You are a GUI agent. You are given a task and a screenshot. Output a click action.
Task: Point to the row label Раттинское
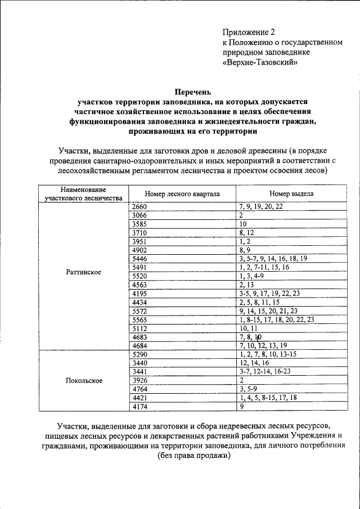pyautogui.click(x=83, y=272)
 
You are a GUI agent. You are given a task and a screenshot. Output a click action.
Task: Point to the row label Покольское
pyautogui.click(x=83, y=380)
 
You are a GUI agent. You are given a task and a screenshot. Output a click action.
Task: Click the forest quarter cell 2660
pyautogui.click(x=138, y=206)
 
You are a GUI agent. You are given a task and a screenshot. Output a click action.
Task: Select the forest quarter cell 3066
pyautogui.click(x=138, y=215)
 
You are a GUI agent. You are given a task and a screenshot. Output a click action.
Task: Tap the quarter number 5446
pyautogui.click(x=138, y=259)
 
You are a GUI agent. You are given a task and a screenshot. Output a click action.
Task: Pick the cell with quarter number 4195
pyautogui.click(x=138, y=293)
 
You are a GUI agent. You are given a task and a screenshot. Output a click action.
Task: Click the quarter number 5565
pyautogui.click(x=138, y=319)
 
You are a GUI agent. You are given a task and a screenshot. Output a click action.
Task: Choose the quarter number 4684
pyautogui.click(x=138, y=345)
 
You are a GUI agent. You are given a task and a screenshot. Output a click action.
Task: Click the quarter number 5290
pyautogui.click(x=138, y=354)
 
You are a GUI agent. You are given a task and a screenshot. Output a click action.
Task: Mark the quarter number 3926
pyautogui.click(x=138, y=380)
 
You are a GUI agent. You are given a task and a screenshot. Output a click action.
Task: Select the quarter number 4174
pyautogui.click(x=138, y=406)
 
